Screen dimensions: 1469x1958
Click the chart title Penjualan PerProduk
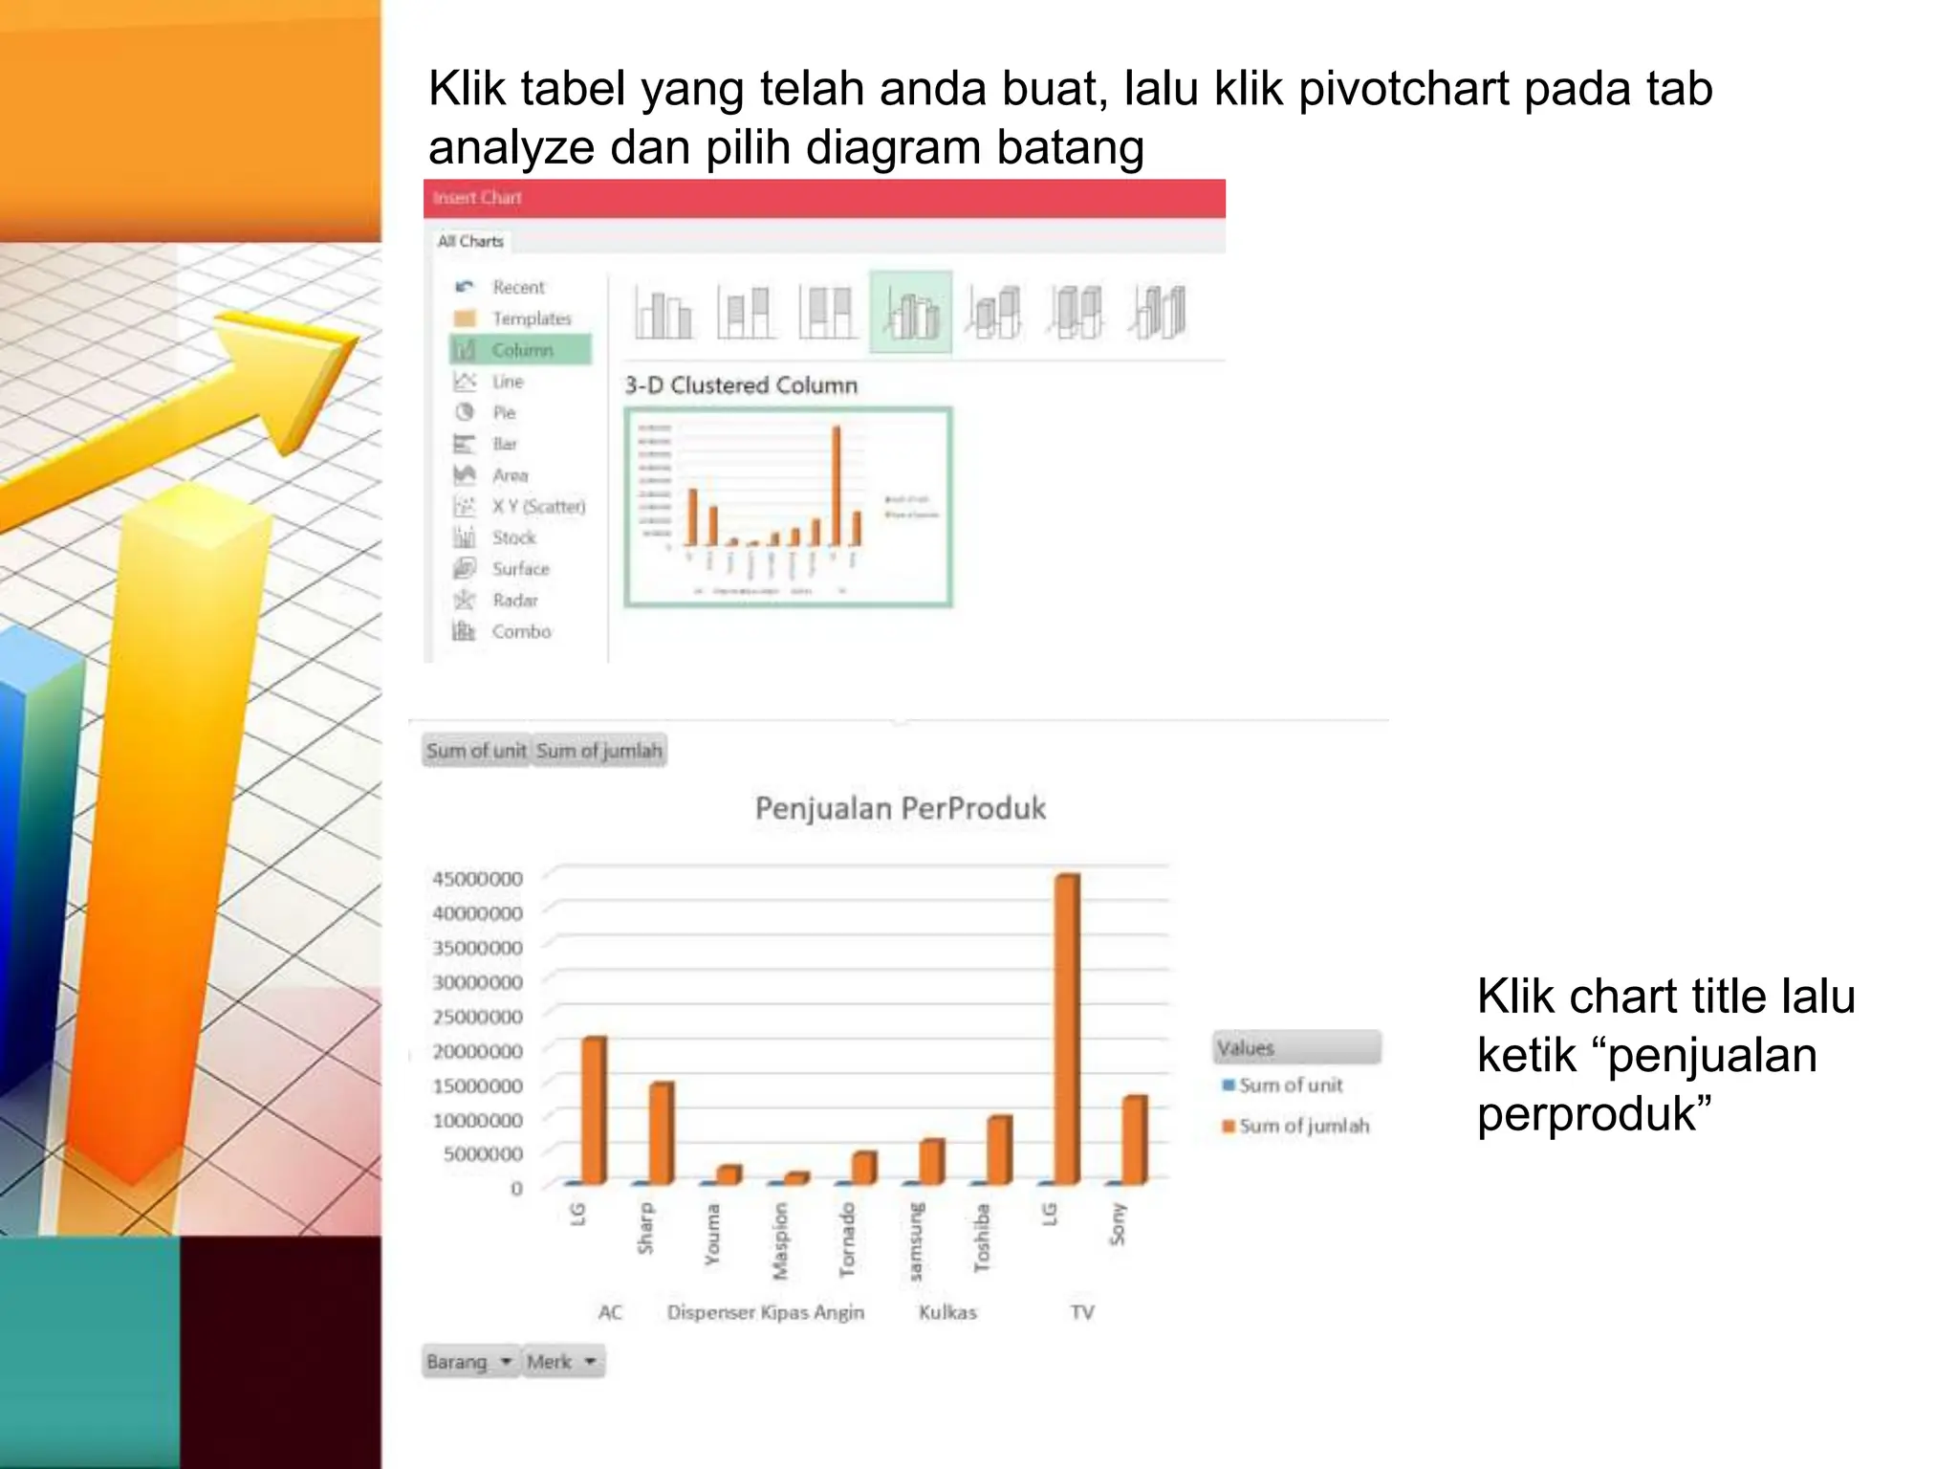(900, 809)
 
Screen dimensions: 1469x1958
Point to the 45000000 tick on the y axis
(477, 879)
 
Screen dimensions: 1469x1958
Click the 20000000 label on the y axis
(477, 1051)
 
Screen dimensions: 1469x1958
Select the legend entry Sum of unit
(1290, 1085)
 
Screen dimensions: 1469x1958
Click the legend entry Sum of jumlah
(1303, 1127)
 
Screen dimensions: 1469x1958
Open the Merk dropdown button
(563, 1362)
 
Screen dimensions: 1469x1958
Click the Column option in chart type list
(522, 350)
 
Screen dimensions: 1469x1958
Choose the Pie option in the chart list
(504, 413)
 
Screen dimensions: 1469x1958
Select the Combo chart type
(521, 632)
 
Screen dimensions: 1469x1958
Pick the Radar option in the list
(514, 601)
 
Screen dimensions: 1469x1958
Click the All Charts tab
(470, 242)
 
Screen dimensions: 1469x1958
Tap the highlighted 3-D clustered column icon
(910, 313)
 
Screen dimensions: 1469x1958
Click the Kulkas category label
(947, 1313)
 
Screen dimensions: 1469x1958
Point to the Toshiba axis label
(982, 1238)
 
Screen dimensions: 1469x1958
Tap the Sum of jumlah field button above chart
(598, 751)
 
